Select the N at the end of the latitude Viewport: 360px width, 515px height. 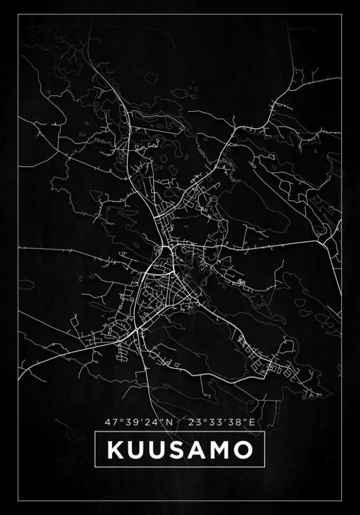click(169, 422)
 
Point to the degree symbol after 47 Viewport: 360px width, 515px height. click(119, 420)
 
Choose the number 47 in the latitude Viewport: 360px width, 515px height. click(111, 422)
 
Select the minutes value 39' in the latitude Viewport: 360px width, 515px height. click(129, 422)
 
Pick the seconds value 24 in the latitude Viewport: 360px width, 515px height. click(151, 422)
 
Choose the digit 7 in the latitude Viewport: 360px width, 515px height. click(114, 422)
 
